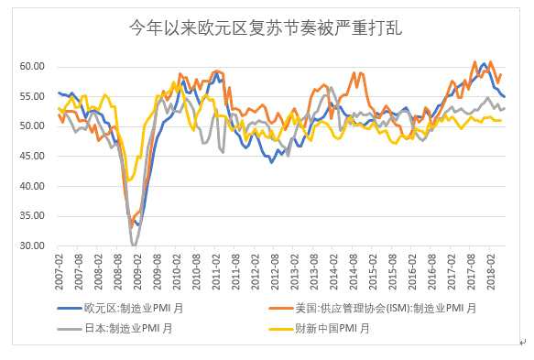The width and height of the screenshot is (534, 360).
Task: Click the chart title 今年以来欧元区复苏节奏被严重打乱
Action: [x=267, y=28]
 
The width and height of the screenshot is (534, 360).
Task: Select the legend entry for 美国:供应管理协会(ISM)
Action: [x=385, y=309]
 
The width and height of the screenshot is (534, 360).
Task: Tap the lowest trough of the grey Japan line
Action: [x=135, y=245]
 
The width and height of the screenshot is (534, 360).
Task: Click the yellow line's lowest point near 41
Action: [x=130, y=180]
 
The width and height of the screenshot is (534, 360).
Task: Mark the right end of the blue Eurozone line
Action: [x=505, y=96]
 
